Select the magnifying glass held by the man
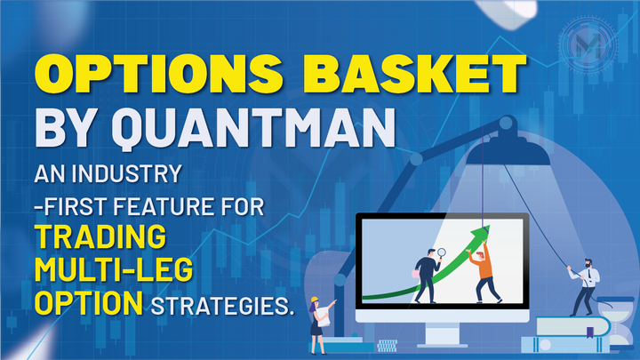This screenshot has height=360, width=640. tap(438, 252)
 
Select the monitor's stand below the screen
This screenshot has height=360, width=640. tap(444, 333)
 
